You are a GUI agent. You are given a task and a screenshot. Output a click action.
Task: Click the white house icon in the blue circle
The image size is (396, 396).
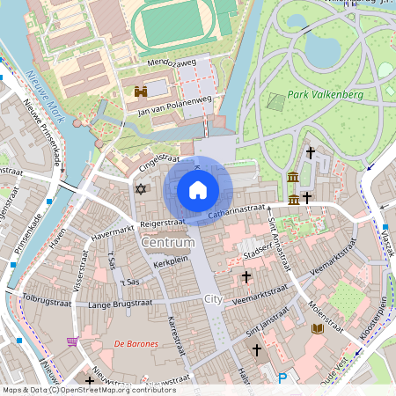(198, 189)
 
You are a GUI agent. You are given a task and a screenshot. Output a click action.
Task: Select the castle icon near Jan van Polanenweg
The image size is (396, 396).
(141, 91)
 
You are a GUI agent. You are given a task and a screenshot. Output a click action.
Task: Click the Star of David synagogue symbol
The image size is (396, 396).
(139, 188)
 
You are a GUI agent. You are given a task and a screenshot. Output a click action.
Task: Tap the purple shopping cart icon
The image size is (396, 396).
(72, 341)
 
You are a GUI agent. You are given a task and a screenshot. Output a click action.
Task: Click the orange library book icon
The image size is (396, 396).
(318, 329)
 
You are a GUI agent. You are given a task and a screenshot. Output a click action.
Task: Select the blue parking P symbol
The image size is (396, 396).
(282, 378)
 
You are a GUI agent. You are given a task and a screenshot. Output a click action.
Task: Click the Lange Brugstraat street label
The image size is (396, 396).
(121, 304)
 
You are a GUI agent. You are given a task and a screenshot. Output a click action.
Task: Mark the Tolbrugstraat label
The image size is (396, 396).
(50, 297)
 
